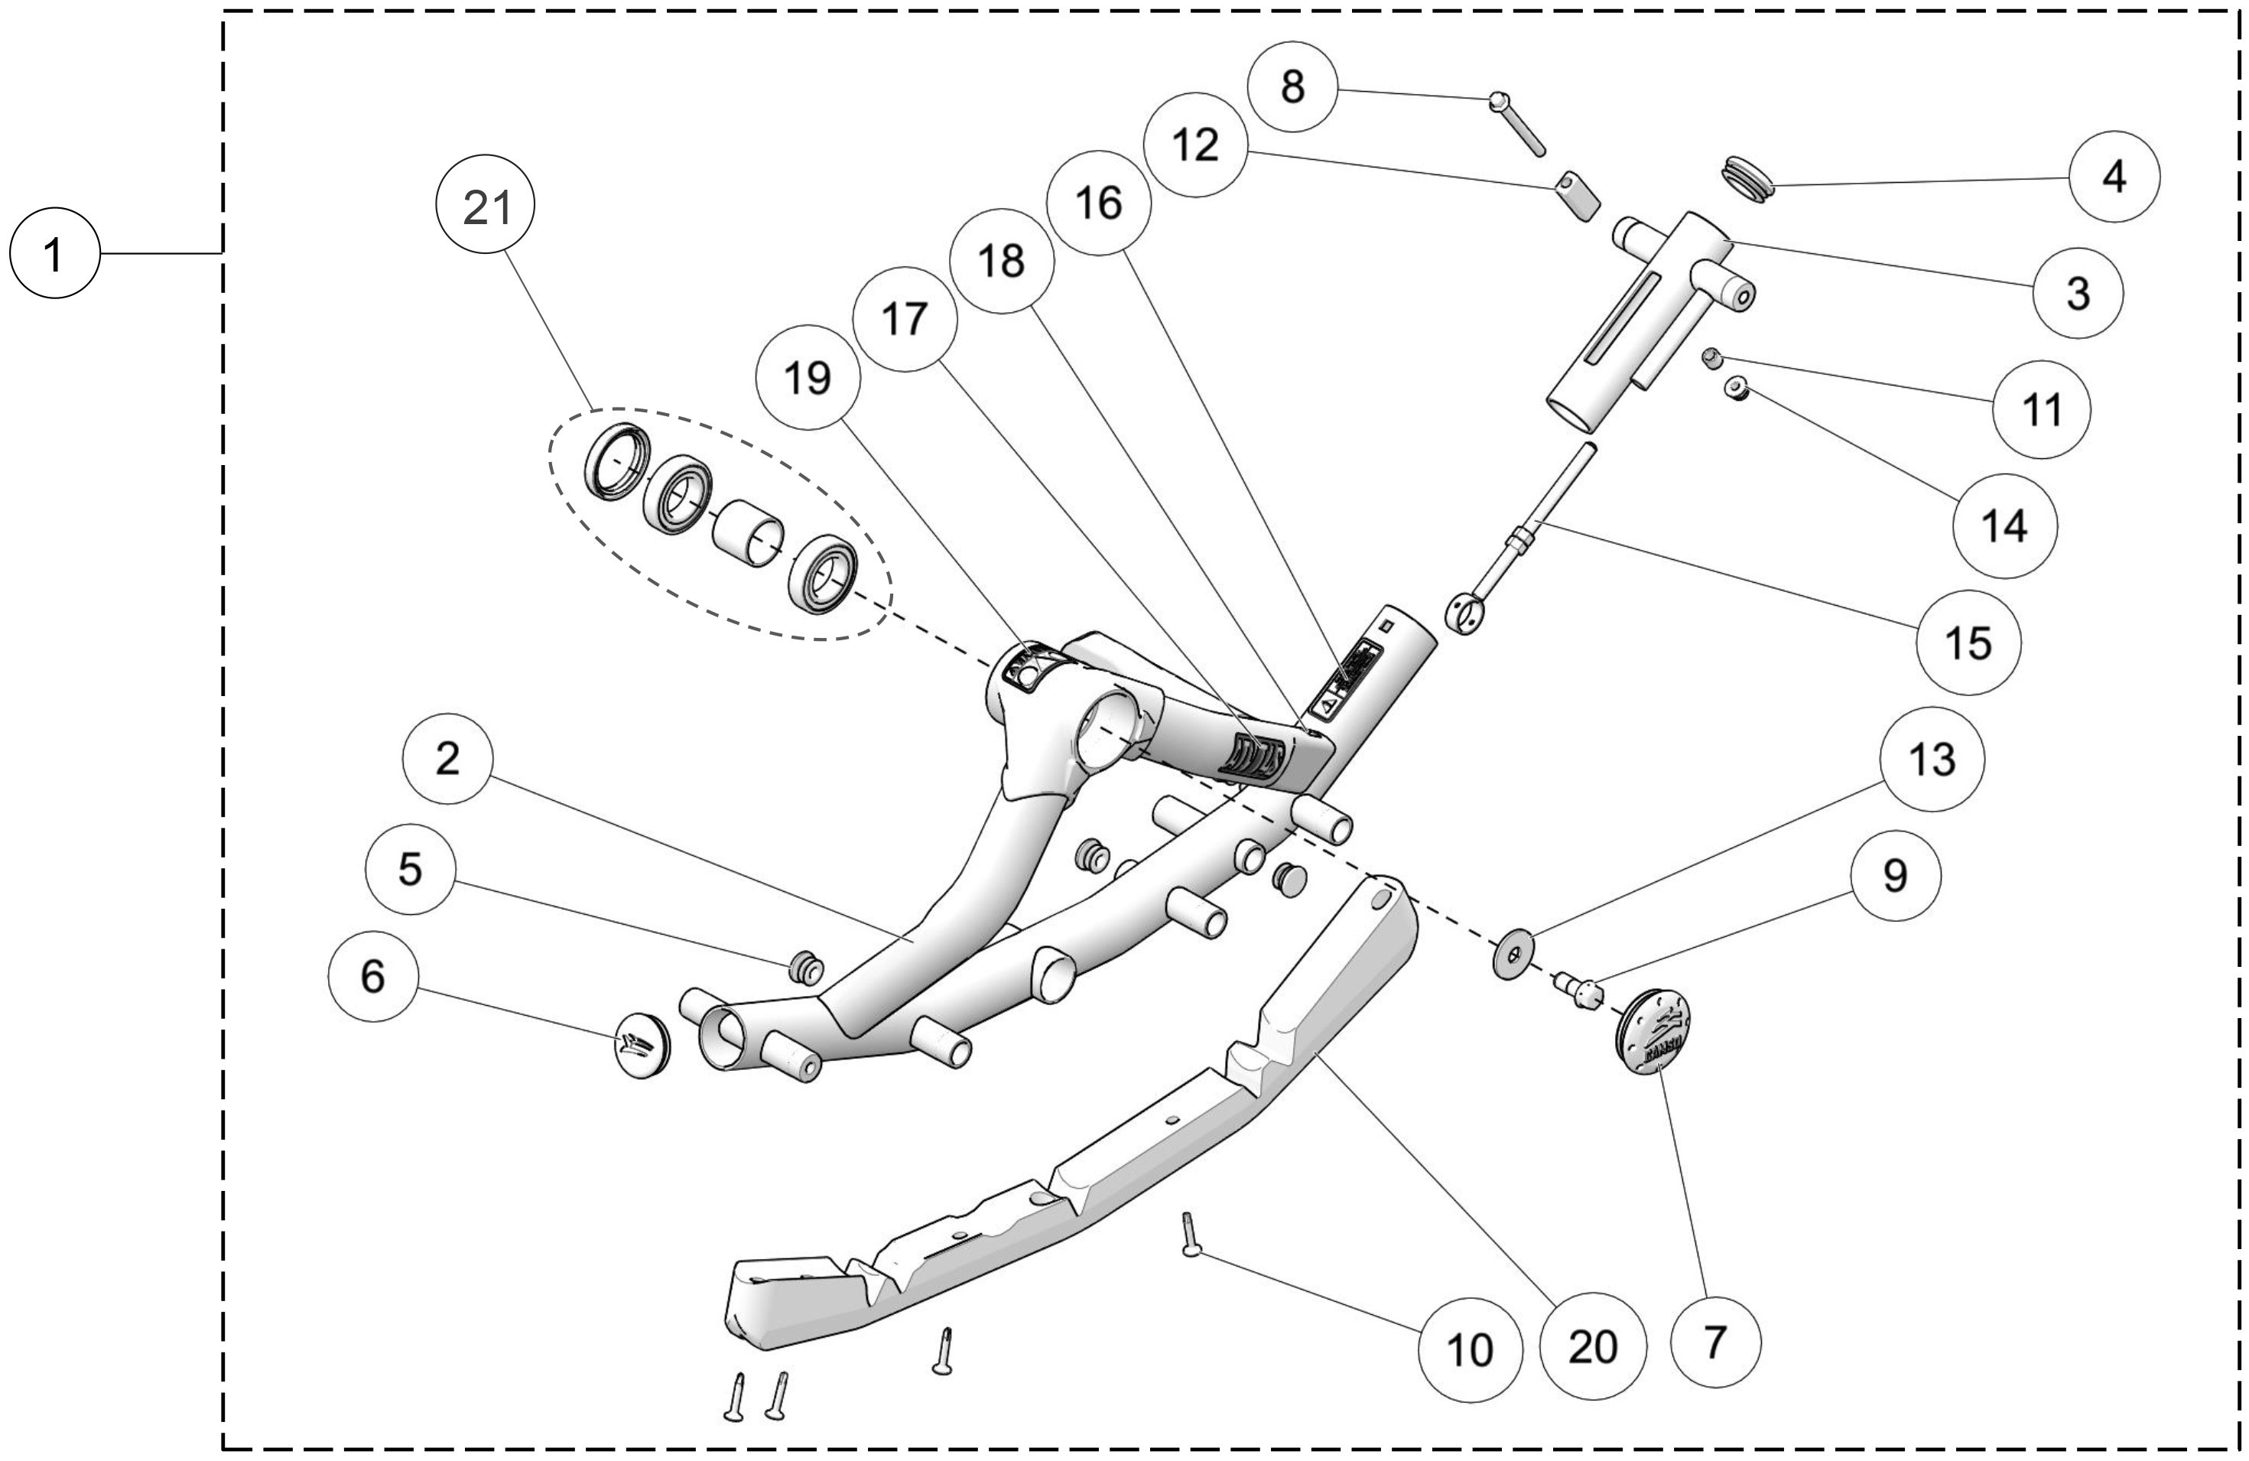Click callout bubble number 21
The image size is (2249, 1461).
pos(486,207)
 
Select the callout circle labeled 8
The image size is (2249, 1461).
pos(1292,87)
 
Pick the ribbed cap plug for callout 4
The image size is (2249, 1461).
pos(1744,178)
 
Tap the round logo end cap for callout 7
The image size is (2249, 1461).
pos(1652,1032)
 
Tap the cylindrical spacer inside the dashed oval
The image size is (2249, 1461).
pos(747,533)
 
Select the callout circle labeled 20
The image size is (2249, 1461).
pos(1592,1345)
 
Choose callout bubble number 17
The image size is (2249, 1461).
pos(905,320)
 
